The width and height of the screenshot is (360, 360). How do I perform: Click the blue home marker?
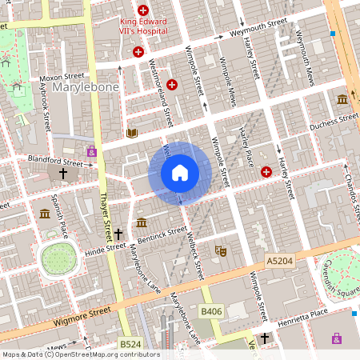[180, 173]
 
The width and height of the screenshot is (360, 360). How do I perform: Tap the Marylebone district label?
[86, 86]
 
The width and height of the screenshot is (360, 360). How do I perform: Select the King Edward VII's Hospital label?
[144, 24]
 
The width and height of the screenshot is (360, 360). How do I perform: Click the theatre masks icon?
[222, 251]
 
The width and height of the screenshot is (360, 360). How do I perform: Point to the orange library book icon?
[131, 133]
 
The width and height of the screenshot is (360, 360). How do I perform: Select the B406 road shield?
[211, 310]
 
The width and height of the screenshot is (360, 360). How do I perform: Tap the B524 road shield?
[130, 344]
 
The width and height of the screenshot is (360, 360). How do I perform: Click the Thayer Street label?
[104, 216]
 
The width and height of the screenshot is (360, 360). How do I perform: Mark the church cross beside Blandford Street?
[62, 173]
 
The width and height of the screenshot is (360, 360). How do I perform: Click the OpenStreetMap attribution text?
[81, 354]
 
